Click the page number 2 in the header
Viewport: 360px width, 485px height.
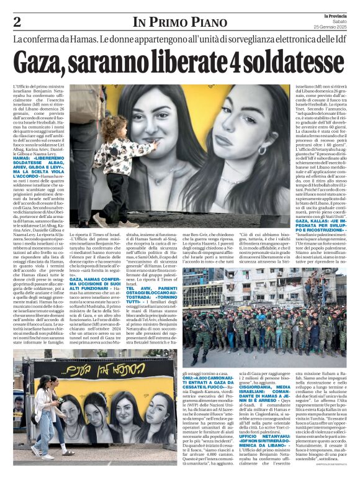[x=17, y=22]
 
